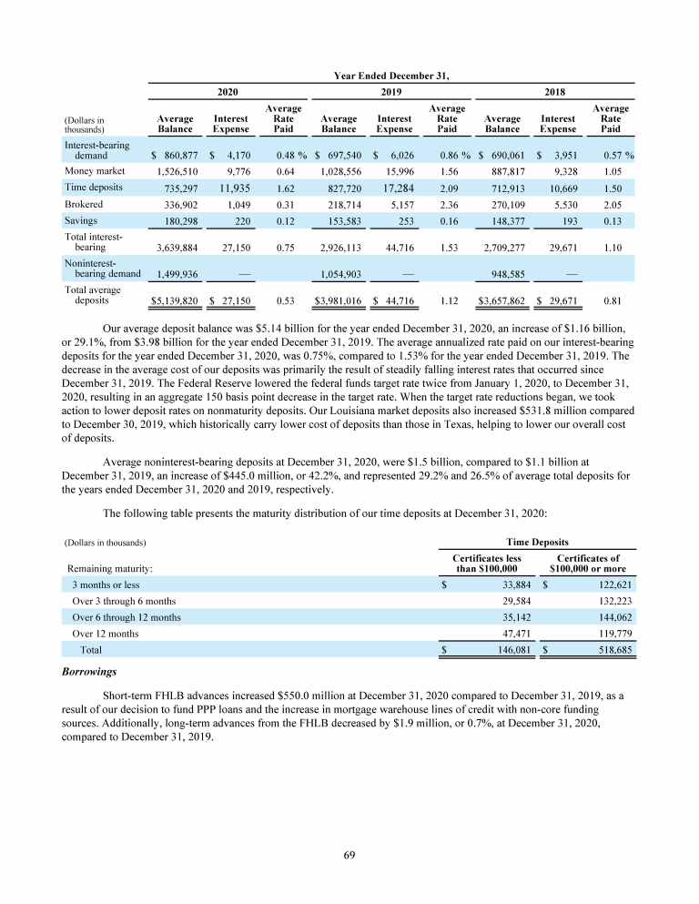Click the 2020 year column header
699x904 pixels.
click(x=227, y=92)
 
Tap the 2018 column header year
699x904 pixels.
click(x=553, y=92)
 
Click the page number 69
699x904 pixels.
click(x=349, y=854)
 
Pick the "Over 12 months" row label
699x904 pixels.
click(x=105, y=633)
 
